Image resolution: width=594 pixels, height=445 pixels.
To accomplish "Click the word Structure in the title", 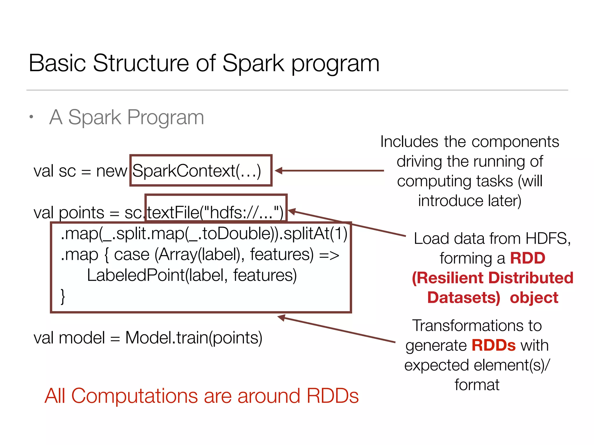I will point(141,63).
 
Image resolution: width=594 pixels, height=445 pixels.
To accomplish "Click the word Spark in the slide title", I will point(253,63).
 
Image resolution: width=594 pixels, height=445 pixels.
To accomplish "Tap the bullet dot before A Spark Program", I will point(31,117).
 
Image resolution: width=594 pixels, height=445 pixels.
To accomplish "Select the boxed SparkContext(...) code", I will point(197,171).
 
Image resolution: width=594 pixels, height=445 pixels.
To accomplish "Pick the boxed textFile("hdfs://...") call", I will point(215,212).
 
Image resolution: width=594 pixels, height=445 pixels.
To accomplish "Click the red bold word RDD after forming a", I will point(527,258).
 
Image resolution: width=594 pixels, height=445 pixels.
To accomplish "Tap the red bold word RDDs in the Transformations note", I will point(493,345).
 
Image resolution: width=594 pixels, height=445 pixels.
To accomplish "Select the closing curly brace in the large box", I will point(62,296).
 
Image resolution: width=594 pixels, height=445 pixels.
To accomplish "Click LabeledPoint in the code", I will point(136,275).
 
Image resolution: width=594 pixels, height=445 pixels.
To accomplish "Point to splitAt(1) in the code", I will point(315,234).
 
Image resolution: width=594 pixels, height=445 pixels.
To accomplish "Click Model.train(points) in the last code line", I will point(193,338).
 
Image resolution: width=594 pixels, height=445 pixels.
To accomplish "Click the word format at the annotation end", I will point(477,385).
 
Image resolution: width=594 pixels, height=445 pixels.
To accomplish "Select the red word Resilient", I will point(450,278).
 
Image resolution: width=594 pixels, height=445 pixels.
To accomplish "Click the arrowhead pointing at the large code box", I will point(281,318).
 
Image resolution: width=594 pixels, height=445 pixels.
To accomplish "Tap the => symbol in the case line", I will point(329,255).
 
